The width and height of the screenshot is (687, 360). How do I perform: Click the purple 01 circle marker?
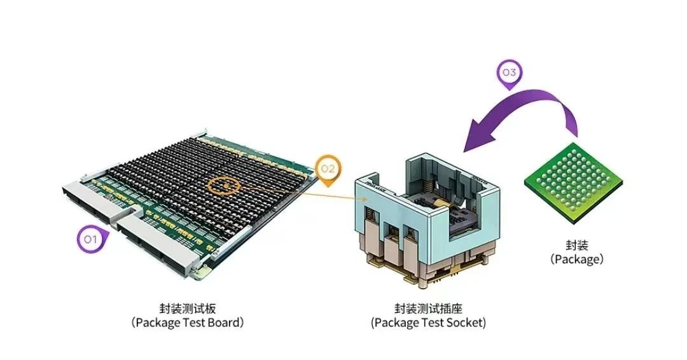(x=89, y=240)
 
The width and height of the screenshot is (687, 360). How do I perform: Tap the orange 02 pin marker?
(x=328, y=170)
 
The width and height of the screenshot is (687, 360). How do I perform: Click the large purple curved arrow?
(x=528, y=111)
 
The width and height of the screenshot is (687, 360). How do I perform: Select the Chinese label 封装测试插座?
(x=428, y=308)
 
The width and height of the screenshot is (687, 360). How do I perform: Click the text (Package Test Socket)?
(x=428, y=322)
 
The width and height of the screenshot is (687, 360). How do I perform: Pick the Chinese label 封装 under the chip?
(x=577, y=244)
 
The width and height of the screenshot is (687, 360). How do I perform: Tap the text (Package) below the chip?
(x=577, y=259)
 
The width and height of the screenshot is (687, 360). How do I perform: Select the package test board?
(x=191, y=197)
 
